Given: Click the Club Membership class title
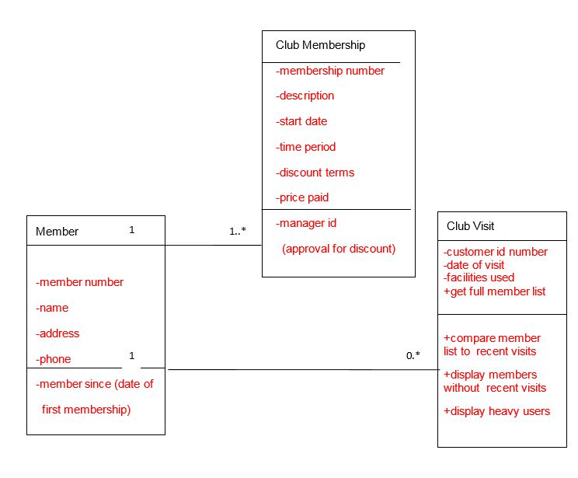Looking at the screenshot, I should [x=320, y=45].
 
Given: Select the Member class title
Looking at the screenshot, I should [x=57, y=232].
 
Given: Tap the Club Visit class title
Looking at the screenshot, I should [x=471, y=226].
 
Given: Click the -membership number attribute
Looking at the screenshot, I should [x=330, y=71].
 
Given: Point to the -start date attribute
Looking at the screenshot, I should [x=301, y=121].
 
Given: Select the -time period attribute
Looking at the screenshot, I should [x=305, y=147].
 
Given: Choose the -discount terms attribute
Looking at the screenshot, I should [x=315, y=173].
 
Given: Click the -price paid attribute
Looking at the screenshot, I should [x=302, y=197].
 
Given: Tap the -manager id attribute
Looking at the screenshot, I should [x=306, y=223].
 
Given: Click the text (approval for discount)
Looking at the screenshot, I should [x=339, y=249].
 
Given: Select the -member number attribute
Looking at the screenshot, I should [x=79, y=282].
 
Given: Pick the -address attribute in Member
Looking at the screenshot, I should [x=57, y=333].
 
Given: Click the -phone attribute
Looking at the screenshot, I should [x=54, y=359].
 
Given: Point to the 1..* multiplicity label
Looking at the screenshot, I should [x=238, y=231].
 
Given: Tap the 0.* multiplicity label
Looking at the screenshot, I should [x=413, y=355].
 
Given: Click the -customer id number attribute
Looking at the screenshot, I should [x=496, y=252].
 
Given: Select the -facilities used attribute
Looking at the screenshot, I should [x=479, y=277].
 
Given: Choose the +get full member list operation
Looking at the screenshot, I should [x=495, y=291].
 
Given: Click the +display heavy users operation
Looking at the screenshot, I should [x=497, y=411].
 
